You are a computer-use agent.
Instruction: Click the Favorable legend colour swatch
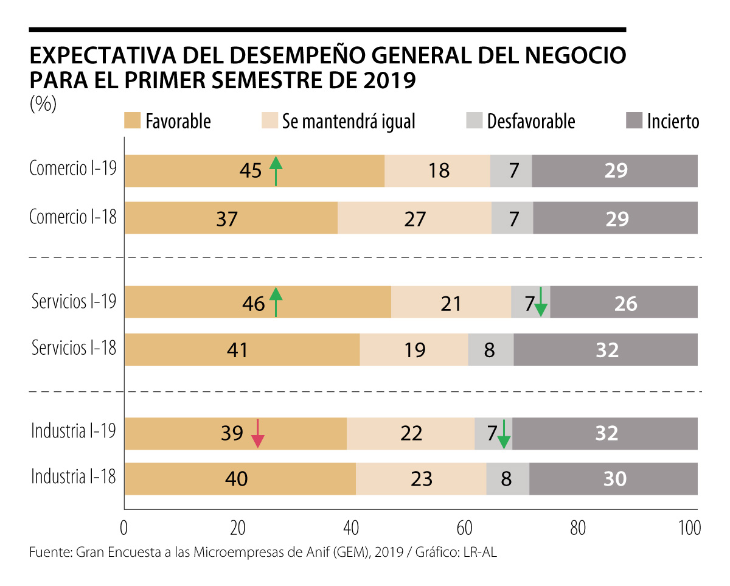132,120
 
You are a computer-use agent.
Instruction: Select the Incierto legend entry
673,121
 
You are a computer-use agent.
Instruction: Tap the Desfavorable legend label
530,121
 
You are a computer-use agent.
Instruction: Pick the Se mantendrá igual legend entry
348,121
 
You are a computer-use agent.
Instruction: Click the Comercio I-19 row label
72,169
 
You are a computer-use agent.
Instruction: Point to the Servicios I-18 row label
74,348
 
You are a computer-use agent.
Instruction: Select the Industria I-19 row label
74,431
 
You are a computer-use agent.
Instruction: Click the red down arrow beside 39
258,433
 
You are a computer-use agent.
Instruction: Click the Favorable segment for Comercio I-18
231,218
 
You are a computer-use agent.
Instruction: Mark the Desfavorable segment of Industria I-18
507,479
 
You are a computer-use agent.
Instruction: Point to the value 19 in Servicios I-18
414,349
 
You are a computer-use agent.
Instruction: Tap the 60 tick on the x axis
465,528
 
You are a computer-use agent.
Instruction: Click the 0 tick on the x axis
124,528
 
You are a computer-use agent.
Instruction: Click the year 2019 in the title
386,80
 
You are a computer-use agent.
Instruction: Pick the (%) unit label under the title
43,105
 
